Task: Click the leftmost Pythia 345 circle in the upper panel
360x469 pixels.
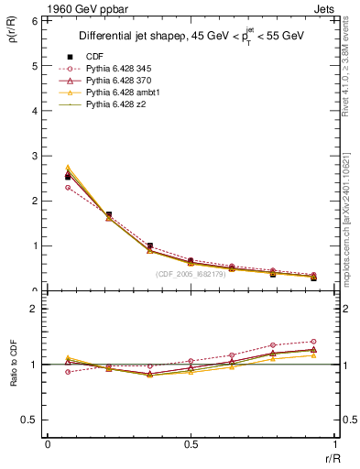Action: point(68,187)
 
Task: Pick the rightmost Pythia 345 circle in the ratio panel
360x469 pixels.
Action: point(313,342)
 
